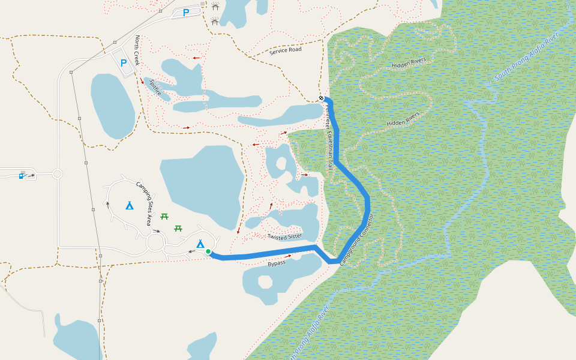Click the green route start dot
coord(208,251)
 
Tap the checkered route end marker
coord(321,99)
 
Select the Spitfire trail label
coord(155,88)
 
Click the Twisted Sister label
coord(285,236)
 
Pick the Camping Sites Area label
coord(143,203)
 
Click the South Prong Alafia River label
coord(526,58)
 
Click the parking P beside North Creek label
coord(124,63)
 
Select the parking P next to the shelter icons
coord(186,12)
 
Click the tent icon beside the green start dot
coord(200,244)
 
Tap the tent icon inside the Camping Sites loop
coord(130,205)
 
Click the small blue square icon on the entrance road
coord(21,176)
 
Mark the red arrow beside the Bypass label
coord(289,256)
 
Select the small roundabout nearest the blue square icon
coord(58,174)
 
